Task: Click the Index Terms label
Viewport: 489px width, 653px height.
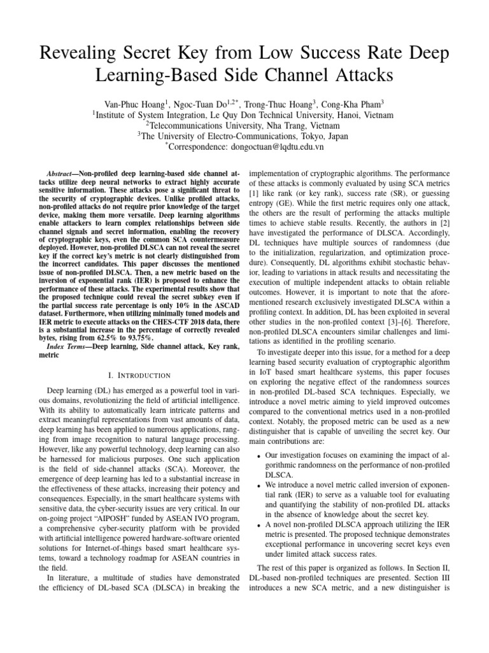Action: pos(70,346)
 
